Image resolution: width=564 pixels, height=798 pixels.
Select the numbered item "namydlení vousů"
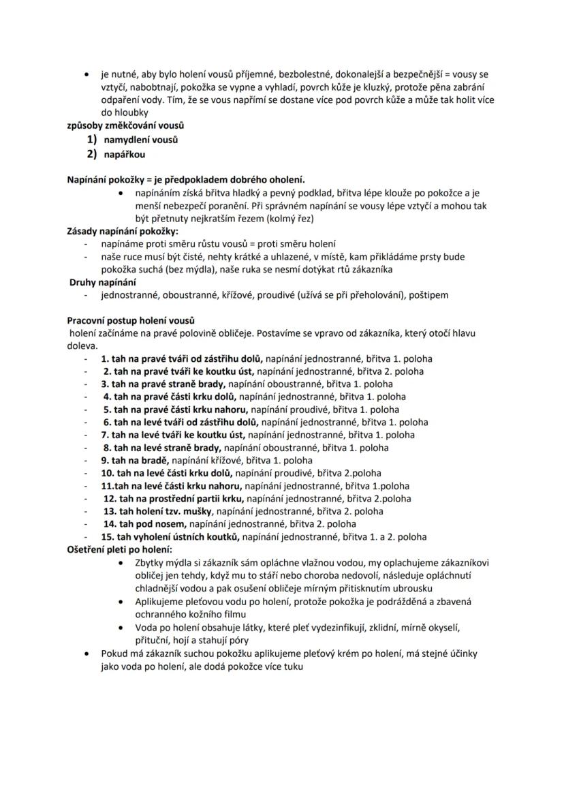[x=140, y=140]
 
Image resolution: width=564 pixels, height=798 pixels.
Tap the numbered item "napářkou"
[x=125, y=155]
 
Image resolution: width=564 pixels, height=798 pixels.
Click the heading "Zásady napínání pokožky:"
[x=122, y=231]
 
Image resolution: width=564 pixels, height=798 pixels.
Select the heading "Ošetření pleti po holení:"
[x=119, y=549]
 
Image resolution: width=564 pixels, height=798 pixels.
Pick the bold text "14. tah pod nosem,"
[x=144, y=524]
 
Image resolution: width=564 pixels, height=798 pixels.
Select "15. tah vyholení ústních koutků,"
[x=170, y=537]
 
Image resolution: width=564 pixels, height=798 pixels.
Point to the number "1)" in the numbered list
[x=93, y=140]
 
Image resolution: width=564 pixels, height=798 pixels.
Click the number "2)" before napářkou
[x=93, y=155]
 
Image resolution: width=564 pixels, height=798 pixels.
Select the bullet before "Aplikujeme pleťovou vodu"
[x=121, y=602]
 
